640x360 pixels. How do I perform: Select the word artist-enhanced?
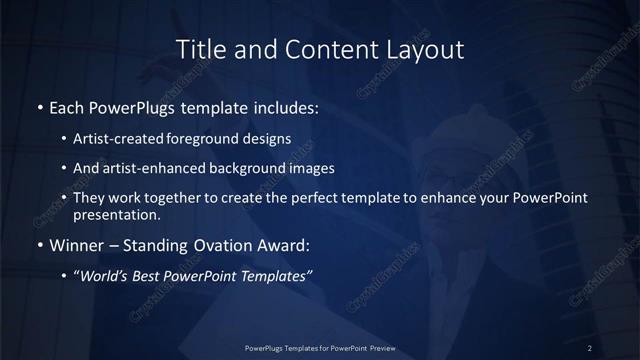coord(148,168)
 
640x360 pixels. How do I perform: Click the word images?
coord(307,168)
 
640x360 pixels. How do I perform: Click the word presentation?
coord(117,214)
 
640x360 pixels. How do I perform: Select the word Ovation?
coord(225,244)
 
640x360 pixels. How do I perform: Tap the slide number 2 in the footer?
coord(590,347)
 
